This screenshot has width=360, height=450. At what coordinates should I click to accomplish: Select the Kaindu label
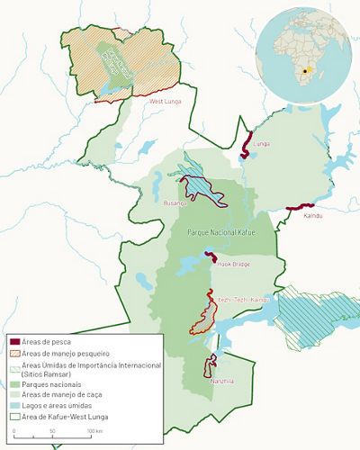tap(312, 216)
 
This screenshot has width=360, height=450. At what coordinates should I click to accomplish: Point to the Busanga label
tap(174, 204)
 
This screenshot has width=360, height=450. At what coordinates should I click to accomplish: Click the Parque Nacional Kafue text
tap(220, 232)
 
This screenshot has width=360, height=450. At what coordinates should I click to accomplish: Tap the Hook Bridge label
tap(233, 265)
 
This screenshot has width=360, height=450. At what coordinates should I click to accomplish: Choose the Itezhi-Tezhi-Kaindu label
tap(243, 299)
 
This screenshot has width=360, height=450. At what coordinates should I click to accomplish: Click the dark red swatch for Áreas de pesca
tap(14, 341)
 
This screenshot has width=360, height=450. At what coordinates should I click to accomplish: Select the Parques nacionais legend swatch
tap(14, 382)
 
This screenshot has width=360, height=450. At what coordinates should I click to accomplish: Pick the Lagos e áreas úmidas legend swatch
tap(14, 406)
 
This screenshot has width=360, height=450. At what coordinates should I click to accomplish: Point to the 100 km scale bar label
tap(94, 433)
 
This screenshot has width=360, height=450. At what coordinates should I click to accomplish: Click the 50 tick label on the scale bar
tap(52, 433)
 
